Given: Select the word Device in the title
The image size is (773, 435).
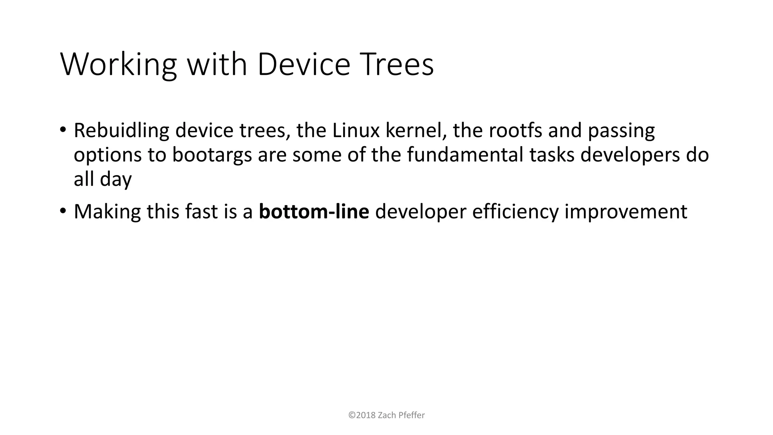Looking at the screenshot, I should click(304, 65).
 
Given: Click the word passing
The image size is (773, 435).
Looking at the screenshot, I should click(621, 131).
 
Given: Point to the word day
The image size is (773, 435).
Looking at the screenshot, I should click(115, 180).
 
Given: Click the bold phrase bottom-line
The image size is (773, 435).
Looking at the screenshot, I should click(314, 212).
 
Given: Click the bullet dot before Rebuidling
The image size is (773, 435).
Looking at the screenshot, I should click(63, 130).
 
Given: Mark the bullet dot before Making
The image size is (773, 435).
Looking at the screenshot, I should click(63, 211).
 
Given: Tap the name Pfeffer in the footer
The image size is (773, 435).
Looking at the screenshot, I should click(411, 415).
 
